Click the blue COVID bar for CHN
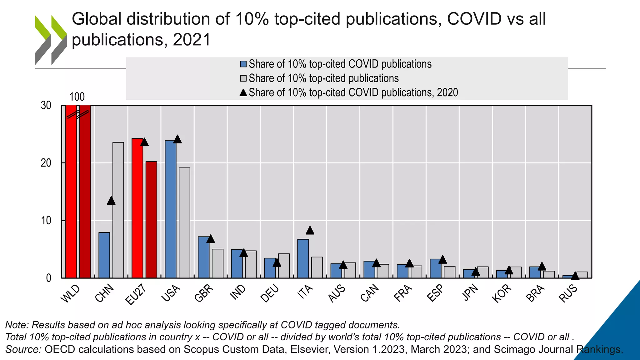[104, 255]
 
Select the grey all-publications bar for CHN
[118, 210]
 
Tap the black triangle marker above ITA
[310, 231]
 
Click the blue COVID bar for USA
[170, 209]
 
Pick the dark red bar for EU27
[151, 220]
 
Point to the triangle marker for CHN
[111, 201]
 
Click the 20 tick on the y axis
[46, 163]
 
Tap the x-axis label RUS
[568, 294]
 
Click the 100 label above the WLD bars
[77, 97]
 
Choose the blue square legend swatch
[243, 64]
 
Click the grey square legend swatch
[243, 78]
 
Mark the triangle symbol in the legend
[243, 92]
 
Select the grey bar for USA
[184, 222]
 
